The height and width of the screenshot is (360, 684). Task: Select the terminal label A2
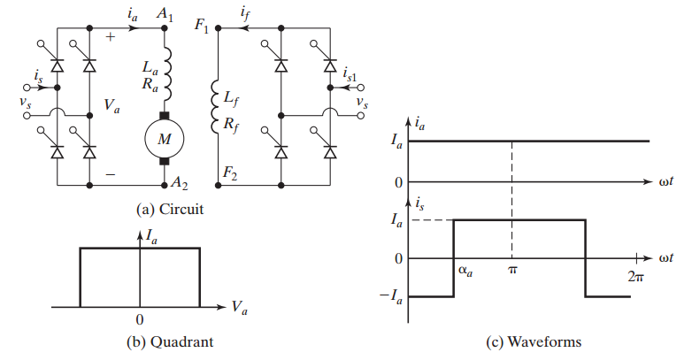click(x=180, y=183)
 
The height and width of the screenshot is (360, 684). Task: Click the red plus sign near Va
click(x=111, y=37)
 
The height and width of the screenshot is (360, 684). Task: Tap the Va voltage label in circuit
click(x=111, y=106)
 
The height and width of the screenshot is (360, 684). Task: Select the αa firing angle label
click(x=464, y=272)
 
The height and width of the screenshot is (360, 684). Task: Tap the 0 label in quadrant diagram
click(x=140, y=318)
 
